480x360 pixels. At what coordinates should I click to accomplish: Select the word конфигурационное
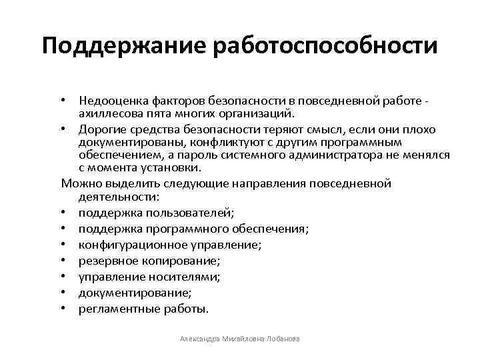pyautogui.click(x=124, y=245)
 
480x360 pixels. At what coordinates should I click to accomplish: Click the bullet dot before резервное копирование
pyautogui.click(x=69, y=261)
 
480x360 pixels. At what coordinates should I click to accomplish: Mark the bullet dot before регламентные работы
pyautogui.click(x=69, y=309)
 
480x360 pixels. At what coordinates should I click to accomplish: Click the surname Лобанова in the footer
pyautogui.click(x=281, y=339)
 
